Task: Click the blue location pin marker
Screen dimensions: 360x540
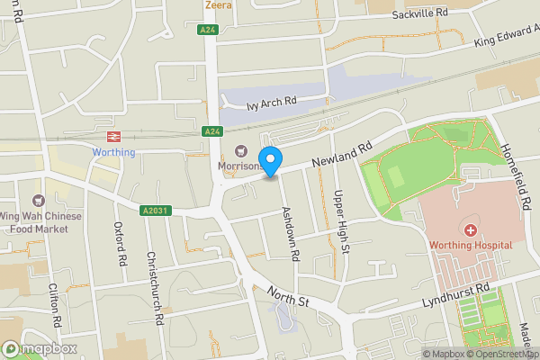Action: pyautogui.click(x=271, y=160)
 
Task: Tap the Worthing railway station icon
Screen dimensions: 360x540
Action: pyautogui.click(x=113, y=136)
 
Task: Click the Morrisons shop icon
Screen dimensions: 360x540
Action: pyautogui.click(x=240, y=151)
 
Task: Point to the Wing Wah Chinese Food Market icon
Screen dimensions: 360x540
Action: pyautogui.click(x=38, y=200)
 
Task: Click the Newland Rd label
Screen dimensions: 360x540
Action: pyautogui.click(x=342, y=154)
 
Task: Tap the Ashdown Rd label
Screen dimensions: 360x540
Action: pyautogui.click(x=290, y=232)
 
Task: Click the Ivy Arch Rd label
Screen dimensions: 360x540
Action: pyautogui.click(x=283, y=103)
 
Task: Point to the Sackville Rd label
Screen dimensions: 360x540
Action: pyautogui.click(x=418, y=15)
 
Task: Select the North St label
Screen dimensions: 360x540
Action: pyautogui.click(x=287, y=296)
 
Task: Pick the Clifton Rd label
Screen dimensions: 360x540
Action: pyautogui.click(x=55, y=302)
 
